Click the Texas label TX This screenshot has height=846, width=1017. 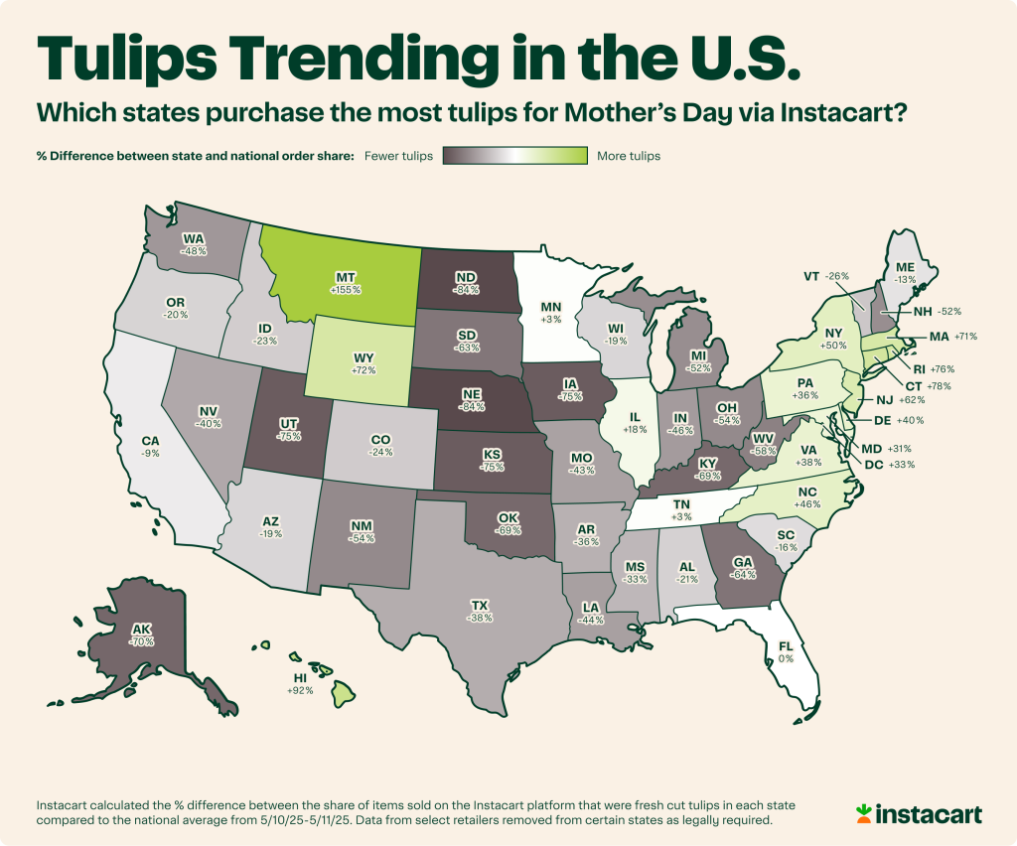[x=478, y=602]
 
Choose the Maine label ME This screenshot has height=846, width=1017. [x=906, y=266]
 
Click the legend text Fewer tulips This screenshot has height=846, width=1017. [x=398, y=156]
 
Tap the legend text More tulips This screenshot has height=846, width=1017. [x=628, y=156]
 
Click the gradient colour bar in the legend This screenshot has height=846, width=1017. [x=514, y=156]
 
